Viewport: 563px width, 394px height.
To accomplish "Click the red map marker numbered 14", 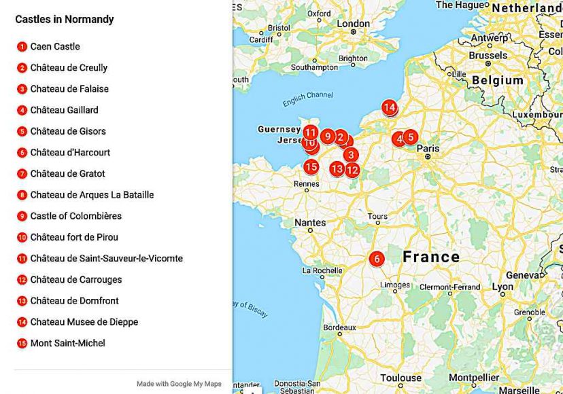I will (x=389, y=107).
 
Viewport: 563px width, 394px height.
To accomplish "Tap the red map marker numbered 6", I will (x=376, y=259).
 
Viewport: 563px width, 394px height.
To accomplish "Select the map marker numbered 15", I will (x=311, y=166).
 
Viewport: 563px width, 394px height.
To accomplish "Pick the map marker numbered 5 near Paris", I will (x=410, y=137).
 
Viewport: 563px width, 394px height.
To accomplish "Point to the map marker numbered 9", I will (x=327, y=137).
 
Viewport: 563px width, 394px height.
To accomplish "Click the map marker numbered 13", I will (x=337, y=168).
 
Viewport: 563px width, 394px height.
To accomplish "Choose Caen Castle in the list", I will (x=55, y=46).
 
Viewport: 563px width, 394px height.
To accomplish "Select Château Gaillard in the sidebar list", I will (x=64, y=110).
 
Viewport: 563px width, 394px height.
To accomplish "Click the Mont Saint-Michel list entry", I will (x=67, y=343).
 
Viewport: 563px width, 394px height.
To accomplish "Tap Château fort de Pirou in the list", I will (x=74, y=237).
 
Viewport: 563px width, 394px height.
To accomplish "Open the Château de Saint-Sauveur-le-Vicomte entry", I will (x=106, y=258).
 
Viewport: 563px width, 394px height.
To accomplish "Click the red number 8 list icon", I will (x=22, y=195).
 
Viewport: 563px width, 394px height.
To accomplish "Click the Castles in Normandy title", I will (x=65, y=19).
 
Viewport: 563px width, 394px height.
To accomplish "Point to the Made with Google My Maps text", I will (x=179, y=384).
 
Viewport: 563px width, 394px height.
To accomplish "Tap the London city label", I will (x=354, y=24).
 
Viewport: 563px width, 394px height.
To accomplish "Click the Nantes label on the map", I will (x=310, y=222).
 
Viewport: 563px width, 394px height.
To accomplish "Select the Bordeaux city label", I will (x=339, y=327).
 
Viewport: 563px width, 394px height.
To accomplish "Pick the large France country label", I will (x=431, y=257).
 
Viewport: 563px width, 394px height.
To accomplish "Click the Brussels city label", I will (x=488, y=55).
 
